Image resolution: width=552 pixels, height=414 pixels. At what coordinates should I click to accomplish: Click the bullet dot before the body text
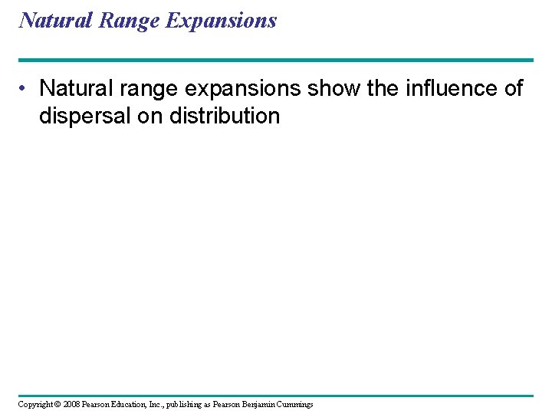point(26,88)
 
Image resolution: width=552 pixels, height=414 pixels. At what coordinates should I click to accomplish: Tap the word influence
point(451,88)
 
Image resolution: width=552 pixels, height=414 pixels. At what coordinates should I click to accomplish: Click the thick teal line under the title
point(276,60)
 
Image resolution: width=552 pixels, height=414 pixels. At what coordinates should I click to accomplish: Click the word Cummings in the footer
point(298,404)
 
